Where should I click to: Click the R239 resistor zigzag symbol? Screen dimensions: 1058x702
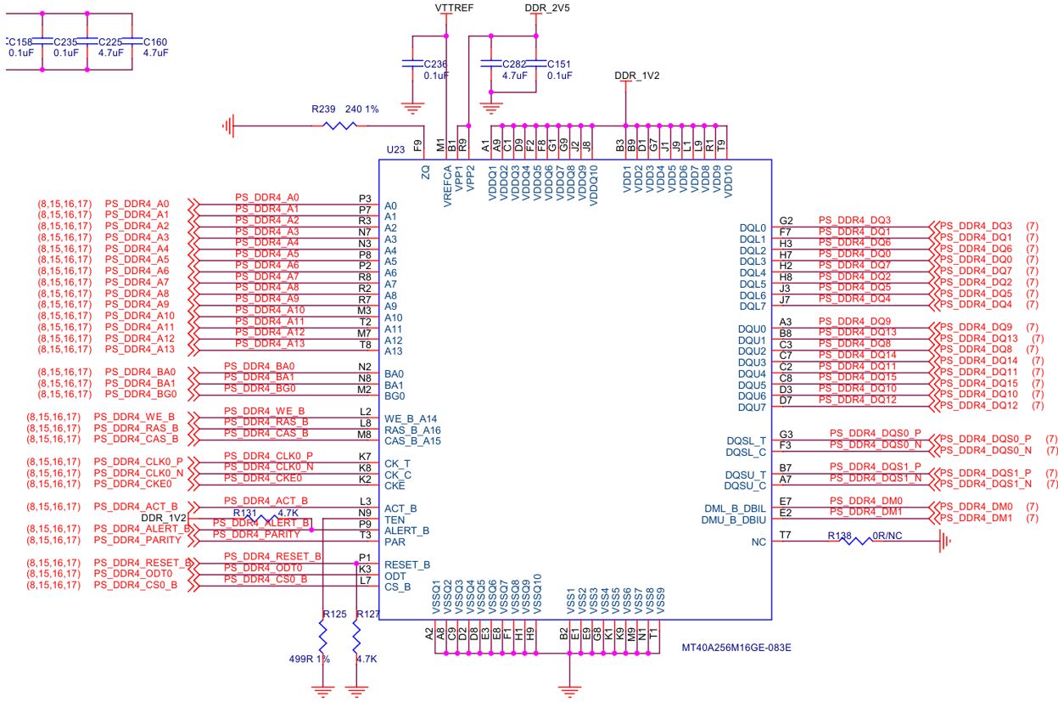point(339,126)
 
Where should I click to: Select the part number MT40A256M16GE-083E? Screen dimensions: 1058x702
point(736,647)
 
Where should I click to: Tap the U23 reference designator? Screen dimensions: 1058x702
point(395,149)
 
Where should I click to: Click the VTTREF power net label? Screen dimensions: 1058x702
point(454,8)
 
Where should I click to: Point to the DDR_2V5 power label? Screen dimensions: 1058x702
point(547,8)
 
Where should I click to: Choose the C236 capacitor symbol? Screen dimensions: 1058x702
point(412,64)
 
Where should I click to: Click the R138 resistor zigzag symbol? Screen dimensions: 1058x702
point(857,541)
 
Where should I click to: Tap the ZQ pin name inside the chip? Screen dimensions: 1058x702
point(426,171)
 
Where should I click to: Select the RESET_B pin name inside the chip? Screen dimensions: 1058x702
point(406,564)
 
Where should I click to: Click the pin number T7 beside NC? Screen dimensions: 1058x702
point(785,535)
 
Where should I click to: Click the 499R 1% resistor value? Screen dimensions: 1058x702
point(310,659)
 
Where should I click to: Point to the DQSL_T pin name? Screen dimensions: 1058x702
point(747,441)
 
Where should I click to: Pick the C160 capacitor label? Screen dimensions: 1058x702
point(155,42)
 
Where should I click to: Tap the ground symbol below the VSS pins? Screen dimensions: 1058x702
point(569,691)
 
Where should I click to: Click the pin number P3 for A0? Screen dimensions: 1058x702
point(365,199)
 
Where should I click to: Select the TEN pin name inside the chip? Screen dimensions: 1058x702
point(395,519)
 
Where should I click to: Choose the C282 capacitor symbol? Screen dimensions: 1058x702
point(490,64)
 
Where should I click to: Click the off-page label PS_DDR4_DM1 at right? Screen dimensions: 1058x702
point(976,518)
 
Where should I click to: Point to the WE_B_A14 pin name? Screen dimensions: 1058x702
point(411,418)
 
